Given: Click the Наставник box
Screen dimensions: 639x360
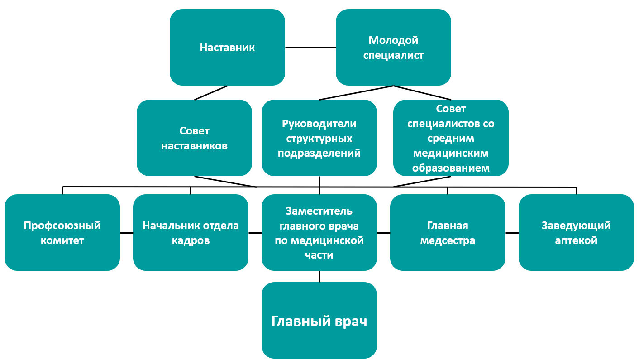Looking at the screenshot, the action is click(x=227, y=48).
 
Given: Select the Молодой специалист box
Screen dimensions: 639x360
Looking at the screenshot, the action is click(x=393, y=48).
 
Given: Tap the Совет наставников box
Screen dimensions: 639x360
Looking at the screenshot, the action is click(x=194, y=138).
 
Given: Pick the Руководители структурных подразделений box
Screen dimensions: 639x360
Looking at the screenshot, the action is click(x=319, y=138).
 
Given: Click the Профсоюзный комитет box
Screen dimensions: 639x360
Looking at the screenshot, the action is click(x=62, y=233).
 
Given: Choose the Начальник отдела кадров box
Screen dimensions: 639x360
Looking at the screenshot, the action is click(x=191, y=233).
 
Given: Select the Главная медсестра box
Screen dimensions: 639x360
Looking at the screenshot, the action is click(x=448, y=233).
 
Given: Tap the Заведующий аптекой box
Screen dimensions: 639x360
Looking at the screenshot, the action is click(x=576, y=233).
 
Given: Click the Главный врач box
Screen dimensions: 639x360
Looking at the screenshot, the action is click(x=319, y=320).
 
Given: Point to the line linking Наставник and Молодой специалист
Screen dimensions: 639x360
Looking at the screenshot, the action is click(x=310, y=48).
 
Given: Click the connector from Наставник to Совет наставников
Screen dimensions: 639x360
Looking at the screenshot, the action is click(x=211, y=93).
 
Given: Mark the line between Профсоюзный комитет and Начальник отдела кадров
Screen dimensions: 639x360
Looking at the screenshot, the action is click(x=126, y=233).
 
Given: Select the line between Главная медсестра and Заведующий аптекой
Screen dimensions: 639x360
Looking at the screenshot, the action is click(x=512, y=233).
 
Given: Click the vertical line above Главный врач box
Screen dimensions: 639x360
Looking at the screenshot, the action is click(x=319, y=276).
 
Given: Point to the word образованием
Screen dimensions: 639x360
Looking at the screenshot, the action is click(x=451, y=168).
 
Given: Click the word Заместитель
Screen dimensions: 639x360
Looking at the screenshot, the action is click(x=319, y=211).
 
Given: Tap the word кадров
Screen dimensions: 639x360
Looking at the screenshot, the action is click(x=191, y=240).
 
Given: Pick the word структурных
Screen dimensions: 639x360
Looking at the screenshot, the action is click(x=319, y=139).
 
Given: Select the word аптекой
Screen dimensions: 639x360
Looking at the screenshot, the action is click(x=576, y=240).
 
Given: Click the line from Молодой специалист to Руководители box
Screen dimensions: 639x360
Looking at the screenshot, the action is click(x=356, y=93).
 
